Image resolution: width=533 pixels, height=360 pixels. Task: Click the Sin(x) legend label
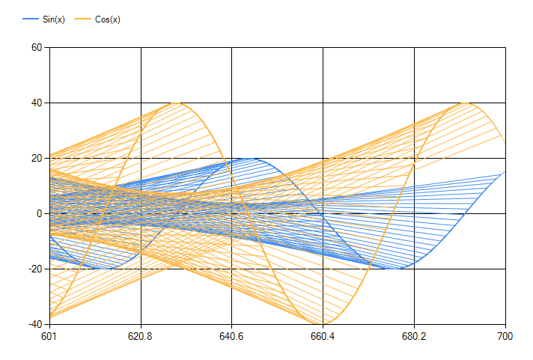point(54,19)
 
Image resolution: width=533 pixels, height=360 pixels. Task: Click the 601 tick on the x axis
point(50,337)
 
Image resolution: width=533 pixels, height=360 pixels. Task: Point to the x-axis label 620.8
point(141,337)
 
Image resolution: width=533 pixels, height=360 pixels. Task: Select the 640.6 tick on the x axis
point(232,337)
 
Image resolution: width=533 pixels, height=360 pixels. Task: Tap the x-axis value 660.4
point(323,337)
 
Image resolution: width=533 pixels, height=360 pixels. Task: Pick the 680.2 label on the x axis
point(414,337)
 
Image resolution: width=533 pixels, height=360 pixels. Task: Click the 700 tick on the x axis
point(505,337)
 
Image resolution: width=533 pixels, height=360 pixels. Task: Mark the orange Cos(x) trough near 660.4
point(321,323)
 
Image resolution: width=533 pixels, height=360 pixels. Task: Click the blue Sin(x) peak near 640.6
point(256,159)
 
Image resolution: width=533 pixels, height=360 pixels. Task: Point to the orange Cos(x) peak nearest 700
point(466,103)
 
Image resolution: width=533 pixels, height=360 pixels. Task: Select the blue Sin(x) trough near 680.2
point(401,268)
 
